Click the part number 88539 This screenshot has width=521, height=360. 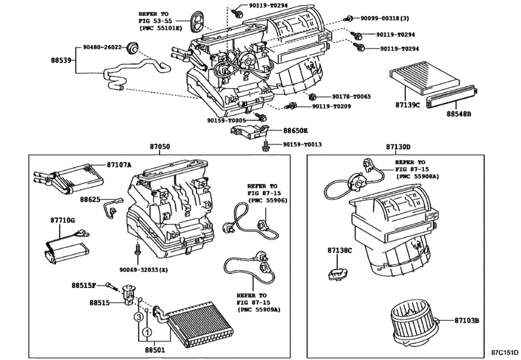[x=62, y=62]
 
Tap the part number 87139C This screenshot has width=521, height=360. [x=408, y=104]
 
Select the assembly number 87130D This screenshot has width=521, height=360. [x=398, y=147]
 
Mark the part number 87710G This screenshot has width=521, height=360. [x=63, y=221]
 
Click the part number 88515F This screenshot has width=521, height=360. [x=83, y=285]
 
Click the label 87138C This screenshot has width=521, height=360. [x=339, y=250]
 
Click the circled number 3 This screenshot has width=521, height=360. [x=137, y=317]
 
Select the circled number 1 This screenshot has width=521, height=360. [x=146, y=332]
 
